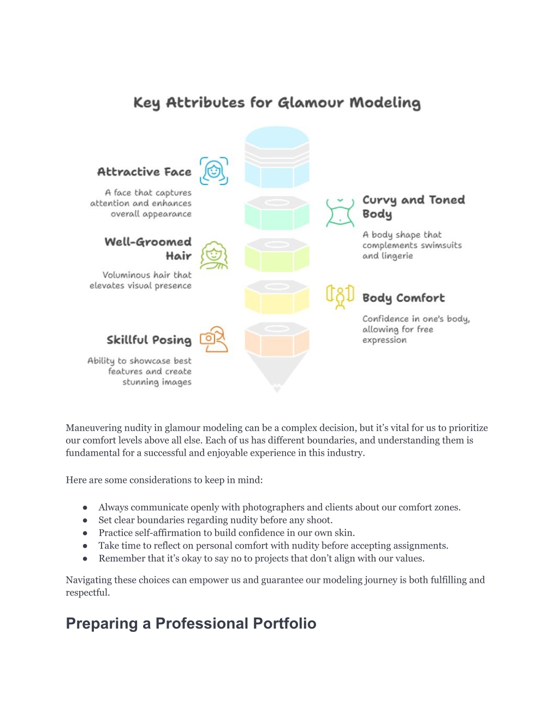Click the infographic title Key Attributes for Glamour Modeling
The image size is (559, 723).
(277, 103)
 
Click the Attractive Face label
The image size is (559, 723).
(145, 172)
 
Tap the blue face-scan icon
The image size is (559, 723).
(214, 171)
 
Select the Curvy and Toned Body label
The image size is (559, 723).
(414, 207)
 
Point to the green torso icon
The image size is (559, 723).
(340, 213)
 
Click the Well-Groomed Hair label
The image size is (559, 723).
(148, 248)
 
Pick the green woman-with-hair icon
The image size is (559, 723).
(214, 255)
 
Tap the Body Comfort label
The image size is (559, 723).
(403, 298)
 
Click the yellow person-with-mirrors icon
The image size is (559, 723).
(340, 297)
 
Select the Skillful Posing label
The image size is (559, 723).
(149, 340)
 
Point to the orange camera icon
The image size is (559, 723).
(214, 339)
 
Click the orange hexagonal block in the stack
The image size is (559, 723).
(277, 340)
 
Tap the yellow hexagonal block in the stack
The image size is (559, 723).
(277, 297)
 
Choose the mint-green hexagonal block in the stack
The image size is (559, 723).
(277, 213)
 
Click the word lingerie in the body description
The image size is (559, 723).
(397, 256)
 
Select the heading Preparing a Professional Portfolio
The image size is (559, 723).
(191, 624)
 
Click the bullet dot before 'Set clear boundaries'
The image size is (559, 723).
(85, 521)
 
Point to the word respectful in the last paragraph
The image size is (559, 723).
(87, 593)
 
